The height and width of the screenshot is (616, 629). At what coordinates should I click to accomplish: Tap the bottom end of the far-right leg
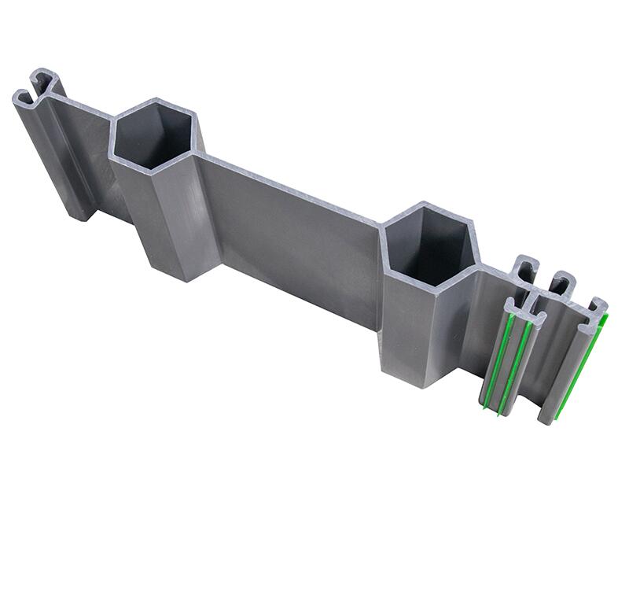(546, 417)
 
